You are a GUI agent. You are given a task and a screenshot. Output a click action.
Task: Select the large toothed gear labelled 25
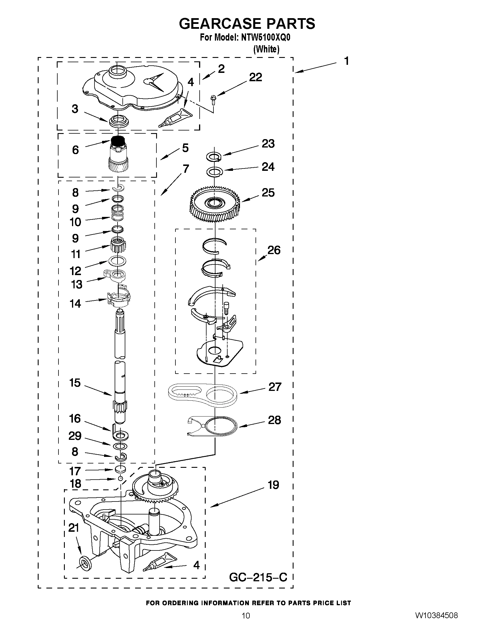coord(215,206)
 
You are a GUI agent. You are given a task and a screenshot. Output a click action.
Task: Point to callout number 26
coord(274,250)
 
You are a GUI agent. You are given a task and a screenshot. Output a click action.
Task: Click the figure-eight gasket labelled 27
coord(203,394)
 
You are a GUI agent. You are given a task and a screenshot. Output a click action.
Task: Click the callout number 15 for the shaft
coord(75,383)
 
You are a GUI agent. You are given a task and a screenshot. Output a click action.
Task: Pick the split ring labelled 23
coord(214,156)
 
